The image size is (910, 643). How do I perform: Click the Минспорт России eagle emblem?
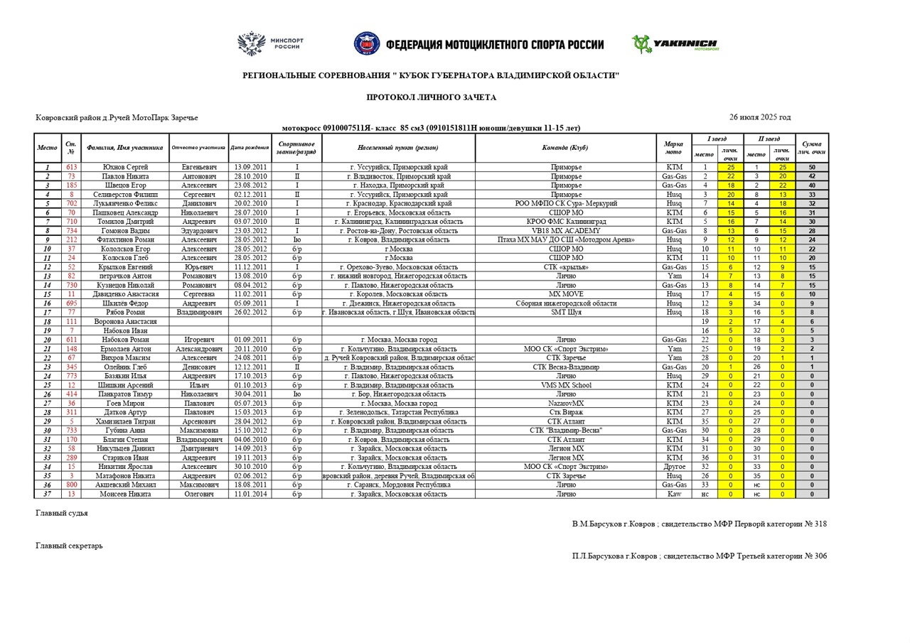(250, 43)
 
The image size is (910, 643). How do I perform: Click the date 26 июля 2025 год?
(759, 117)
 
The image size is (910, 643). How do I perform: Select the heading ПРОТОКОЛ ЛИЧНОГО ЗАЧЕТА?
(431, 97)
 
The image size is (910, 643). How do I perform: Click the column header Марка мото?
(673, 148)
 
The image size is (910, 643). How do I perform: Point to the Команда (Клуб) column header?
(565, 148)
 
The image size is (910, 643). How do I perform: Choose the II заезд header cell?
(769, 139)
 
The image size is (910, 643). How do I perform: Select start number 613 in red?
(71, 167)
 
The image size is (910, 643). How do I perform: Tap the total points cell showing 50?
(811, 167)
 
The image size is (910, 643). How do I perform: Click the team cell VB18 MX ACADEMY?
(565, 231)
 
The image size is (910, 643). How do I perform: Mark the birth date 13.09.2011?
(250, 167)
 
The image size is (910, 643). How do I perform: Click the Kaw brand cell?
(673, 494)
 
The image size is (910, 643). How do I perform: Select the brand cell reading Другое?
(673, 467)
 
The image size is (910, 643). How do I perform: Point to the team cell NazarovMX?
(565, 403)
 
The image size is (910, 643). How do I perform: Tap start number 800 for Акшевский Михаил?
(71, 485)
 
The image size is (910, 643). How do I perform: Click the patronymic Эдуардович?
(198, 231)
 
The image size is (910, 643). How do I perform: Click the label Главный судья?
(62, 512)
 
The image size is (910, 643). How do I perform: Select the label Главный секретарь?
(69, 546)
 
